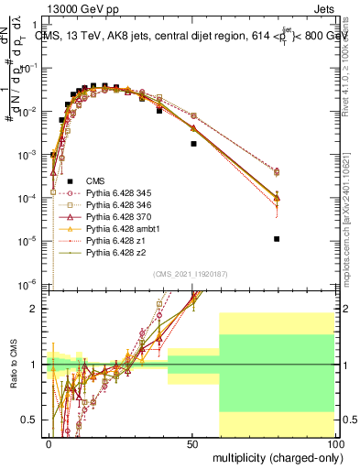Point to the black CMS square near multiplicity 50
click(193, 144)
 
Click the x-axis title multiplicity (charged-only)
click(273, 456)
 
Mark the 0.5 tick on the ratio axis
click(35, 420)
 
